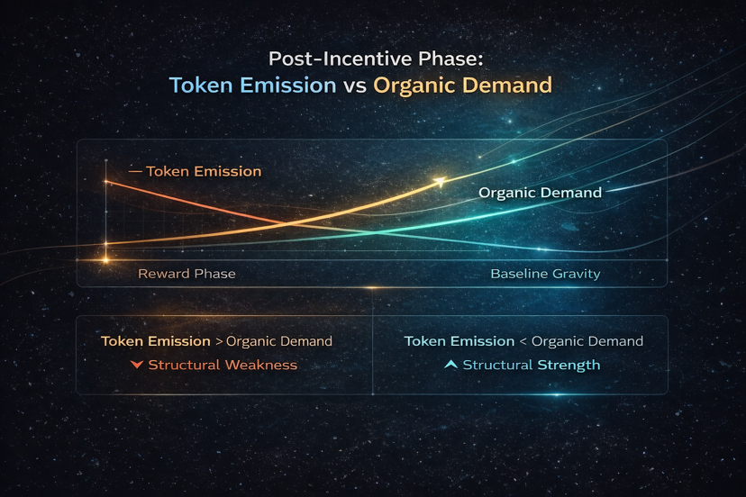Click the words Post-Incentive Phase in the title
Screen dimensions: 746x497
click(376, 59)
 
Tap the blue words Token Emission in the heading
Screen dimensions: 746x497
click(253, 86)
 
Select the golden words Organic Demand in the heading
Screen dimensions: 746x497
click(462, 86)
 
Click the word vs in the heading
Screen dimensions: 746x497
click(355, 86)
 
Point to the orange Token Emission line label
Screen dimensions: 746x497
click(204, 171)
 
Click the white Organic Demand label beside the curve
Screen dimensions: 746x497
click(540, 193)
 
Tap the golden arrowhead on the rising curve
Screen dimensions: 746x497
click(440, 182)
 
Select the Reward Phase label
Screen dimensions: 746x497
click(186, 274)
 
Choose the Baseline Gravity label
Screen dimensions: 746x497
click(545, 274)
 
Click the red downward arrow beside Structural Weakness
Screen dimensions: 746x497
click(137, 365)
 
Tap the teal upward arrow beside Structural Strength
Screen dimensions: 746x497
click(450, 365)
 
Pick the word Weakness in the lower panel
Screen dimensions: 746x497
click(261, 365)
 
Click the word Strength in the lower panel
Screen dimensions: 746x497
click(569, 366)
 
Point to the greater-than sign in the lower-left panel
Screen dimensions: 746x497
click(219, 341)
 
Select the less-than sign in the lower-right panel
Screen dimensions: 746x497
click(523, 341)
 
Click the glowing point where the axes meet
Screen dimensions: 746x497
click(105, 260)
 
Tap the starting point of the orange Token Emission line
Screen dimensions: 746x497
click(106, 181)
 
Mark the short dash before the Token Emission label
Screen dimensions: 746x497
click(135, 171)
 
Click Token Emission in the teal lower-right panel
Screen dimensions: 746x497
click(459, 341)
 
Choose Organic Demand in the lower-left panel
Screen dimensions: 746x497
click(279, 341)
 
